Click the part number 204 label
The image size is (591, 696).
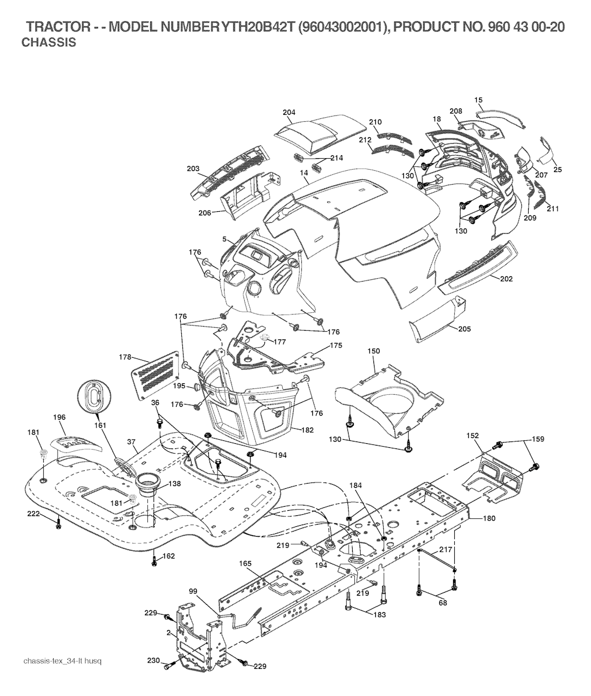tap(289, 112)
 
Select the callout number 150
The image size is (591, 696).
tap(374, 351)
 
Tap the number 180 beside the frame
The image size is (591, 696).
tap(488, 518)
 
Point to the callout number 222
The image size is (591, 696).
tap(33, 512)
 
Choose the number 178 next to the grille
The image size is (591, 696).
tap(125, 357)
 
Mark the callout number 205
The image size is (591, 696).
tap(464, 329)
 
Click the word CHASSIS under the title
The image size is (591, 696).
tap(48, 43)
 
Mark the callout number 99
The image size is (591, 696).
tap(193, 590)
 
